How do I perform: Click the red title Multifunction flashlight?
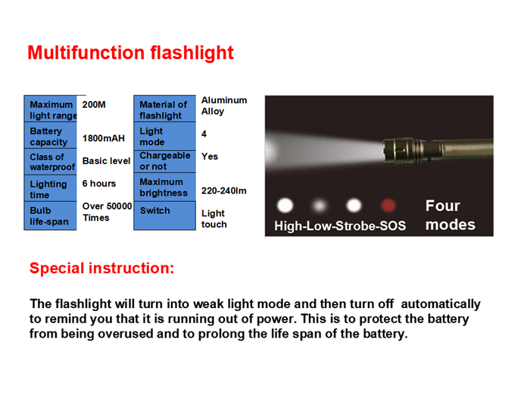(x=130, y=53)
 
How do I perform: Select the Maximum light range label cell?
(x=51, y=108)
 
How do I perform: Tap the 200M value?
(x=94, y=105)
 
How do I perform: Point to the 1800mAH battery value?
(x=104, y=138)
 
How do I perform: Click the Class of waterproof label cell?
(x=51, y=162)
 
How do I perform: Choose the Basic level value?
(x=106, y=161)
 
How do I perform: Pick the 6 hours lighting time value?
(x=99, y=184)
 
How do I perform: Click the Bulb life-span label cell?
(x=51, y=215)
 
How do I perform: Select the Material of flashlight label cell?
(x=164, y=108)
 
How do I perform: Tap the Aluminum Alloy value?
(x=224, y=105)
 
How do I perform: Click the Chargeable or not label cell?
(x=164, y=162)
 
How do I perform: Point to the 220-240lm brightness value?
(x=224, y=190)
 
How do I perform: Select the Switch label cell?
(x=164, y=215)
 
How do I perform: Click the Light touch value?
(x=214, y=219)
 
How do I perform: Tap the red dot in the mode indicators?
(x=388, y=205)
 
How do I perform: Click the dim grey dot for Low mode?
(x=320, y=206)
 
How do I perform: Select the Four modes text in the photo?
(x=450, y=215)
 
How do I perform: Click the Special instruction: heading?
(x=101, y=268)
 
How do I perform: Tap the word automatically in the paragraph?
(x=441, y=304)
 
